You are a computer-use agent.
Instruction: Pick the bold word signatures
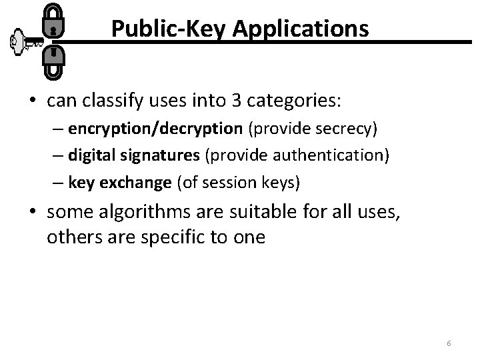pos(169,156)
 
